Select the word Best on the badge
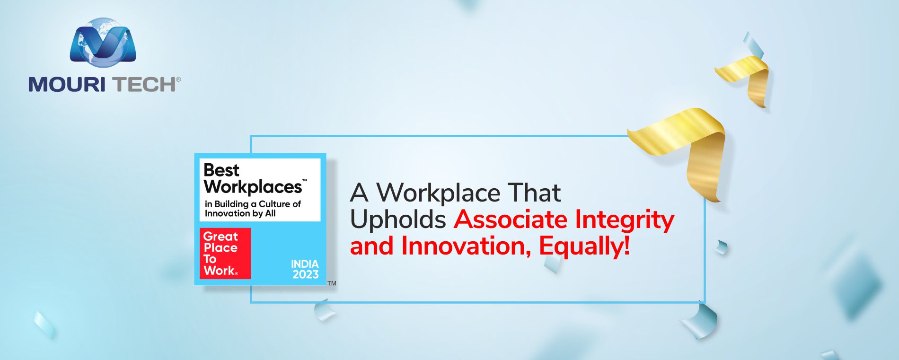[x=221, y=170]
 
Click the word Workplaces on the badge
[x=253, y=187]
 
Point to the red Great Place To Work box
[x=225, y=254]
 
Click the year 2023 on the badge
[x=306, y=274]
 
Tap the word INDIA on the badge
[x=305, y=264]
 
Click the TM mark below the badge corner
[x=332, y=283]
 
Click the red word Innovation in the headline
[x=466, y=246]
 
